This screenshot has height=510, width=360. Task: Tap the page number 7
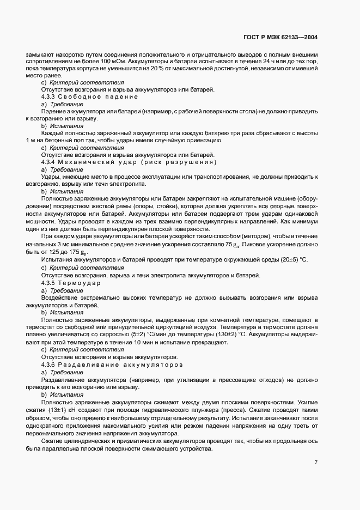tap(316, 463)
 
